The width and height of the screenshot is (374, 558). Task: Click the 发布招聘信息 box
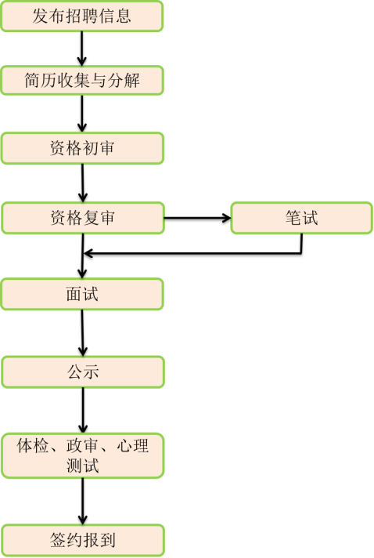pyautogui.click(x=81, y=16)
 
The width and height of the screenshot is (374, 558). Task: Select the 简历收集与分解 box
pyautogui.click(x=82, y=80)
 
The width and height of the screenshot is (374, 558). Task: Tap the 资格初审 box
pyautogui.click(x=82, y=148)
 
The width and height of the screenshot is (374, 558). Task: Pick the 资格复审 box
pyautogui.click(x=83, y=218)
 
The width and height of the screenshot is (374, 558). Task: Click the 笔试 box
pyautogui.click(x=301, y=218)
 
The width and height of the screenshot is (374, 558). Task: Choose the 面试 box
pyautogui.click(x=82, y=295)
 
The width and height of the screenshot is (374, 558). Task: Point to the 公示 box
pyautogui.click(x=83, y=372)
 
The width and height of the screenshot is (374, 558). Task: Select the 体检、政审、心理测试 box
pyautogui.click(x=83, y=455)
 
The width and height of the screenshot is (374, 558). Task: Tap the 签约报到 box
pyautogui.click(x=83, y=540)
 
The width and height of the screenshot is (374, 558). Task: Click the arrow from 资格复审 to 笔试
pyautogui.click(x=197, y=218)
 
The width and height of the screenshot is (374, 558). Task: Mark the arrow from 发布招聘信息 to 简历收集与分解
pyautogui.click(x=81, y=49)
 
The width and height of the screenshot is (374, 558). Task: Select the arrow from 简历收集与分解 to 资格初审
pyautogui.click(x=82, y=114)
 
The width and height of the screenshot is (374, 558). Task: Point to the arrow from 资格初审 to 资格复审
pyautogui.click(x=82, y=183)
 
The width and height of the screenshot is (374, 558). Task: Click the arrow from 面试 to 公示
pyautogui.click(x=82, y=333)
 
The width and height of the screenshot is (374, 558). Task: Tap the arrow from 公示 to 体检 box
pyautogui.click(x=83, y=411)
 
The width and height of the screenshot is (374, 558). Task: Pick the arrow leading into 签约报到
pyautogui.click(x=83, y=501)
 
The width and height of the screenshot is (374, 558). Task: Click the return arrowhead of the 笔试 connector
pyautogui.click(x=88, y=253)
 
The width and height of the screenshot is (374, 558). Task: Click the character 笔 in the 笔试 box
pyautogui.click(x=293, y=218)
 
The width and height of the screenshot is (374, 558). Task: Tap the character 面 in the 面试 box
pyautogui.click(x=74, y=295)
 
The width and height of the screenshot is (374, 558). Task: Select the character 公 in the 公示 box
pyautogui.click(x=74, y=372)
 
